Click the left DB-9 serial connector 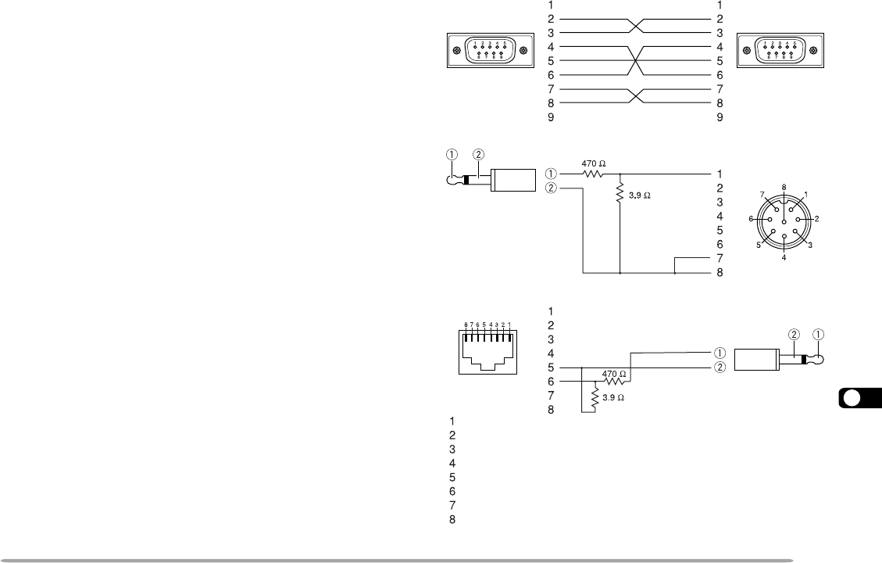pyautogui.click(x=489, y=52)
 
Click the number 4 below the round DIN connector pyautogui.click(x=784, y=257)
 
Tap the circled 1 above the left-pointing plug pyautogui.click(x=452, y=154)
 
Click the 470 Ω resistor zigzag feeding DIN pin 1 pyautogui.click(x=593, y=174)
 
